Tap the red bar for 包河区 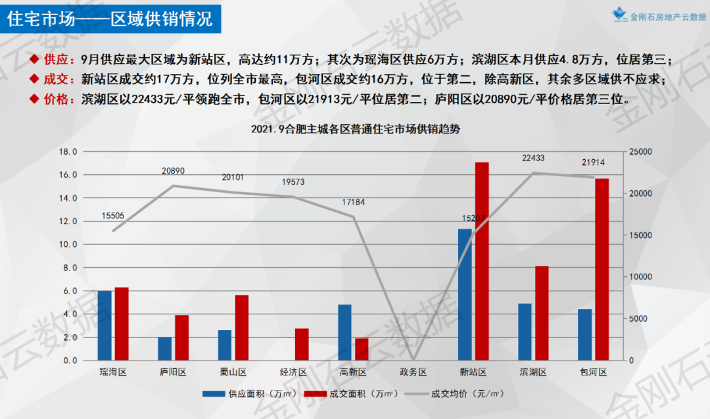[x=602, y=270]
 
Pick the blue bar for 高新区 [x=344, y=332]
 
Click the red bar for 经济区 [x=302, y=344]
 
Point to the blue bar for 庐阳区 [x=164, y=349]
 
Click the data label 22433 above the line [x=534, y=158]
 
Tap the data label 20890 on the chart [x=174, y=171]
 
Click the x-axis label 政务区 [x=414, y=372]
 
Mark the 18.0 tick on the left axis [x=68, y=152]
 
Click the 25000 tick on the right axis [x=640, y=152]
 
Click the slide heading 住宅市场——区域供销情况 [x=110, y=18]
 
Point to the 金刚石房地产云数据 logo [x=657, y=16]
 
